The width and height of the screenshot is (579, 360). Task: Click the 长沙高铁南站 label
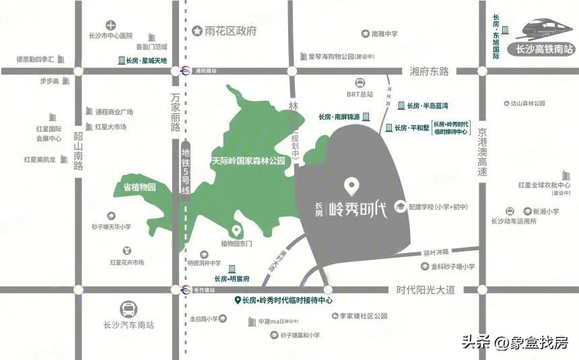(x=543, y=49)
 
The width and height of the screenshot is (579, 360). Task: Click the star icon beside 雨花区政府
(x=197, y=31)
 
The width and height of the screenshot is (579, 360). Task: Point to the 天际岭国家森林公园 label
(x=248, y=161)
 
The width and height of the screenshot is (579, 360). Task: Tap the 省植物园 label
(x=139, y=187)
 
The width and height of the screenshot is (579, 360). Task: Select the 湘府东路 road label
(x=429, y=71)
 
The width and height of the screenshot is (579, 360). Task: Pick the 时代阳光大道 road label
(x=426, y=290)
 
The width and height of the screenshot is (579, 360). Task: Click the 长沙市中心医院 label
(x=111, y=36)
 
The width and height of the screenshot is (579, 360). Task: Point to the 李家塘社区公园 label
(x=363, y=316)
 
